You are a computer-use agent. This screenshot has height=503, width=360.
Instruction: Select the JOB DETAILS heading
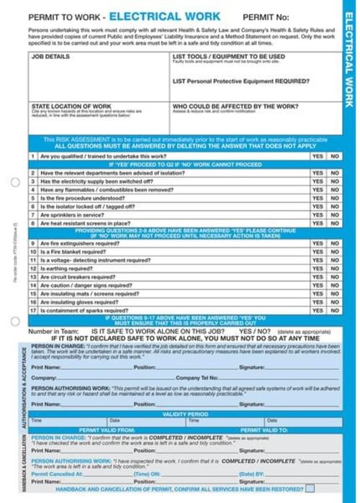point(50,56)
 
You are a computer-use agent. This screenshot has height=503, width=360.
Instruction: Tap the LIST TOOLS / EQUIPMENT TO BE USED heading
point(228,56)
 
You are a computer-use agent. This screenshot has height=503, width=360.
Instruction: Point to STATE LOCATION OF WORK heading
point(71,106)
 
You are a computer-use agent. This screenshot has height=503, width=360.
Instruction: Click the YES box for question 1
point(318,156)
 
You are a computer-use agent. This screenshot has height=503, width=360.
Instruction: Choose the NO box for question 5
point(335,197)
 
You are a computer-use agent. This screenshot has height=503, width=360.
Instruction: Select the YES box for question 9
point(318,243)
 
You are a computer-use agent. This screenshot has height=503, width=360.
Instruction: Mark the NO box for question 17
point(335,310)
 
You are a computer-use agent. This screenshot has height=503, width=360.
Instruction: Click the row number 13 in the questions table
point(33,277)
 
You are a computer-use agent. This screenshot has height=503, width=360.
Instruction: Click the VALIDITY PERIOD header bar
point(185,414)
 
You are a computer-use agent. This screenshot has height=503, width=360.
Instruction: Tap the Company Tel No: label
point(199,377)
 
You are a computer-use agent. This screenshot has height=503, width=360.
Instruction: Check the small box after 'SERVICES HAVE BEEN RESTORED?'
point(310,489)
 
